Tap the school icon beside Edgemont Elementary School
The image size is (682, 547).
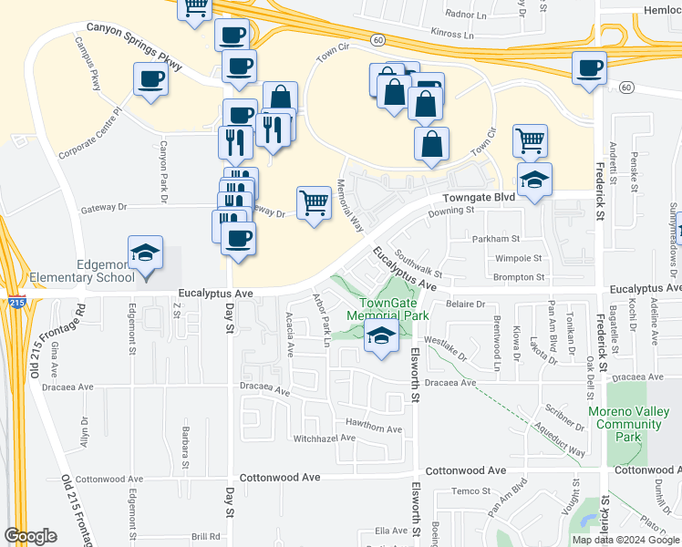145,253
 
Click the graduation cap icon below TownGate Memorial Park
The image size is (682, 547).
381,336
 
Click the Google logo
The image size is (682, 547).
30,536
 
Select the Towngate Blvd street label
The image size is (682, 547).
479,197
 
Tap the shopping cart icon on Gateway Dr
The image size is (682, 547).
314,202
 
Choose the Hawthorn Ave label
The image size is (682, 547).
374,428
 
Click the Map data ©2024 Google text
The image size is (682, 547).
625,540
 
